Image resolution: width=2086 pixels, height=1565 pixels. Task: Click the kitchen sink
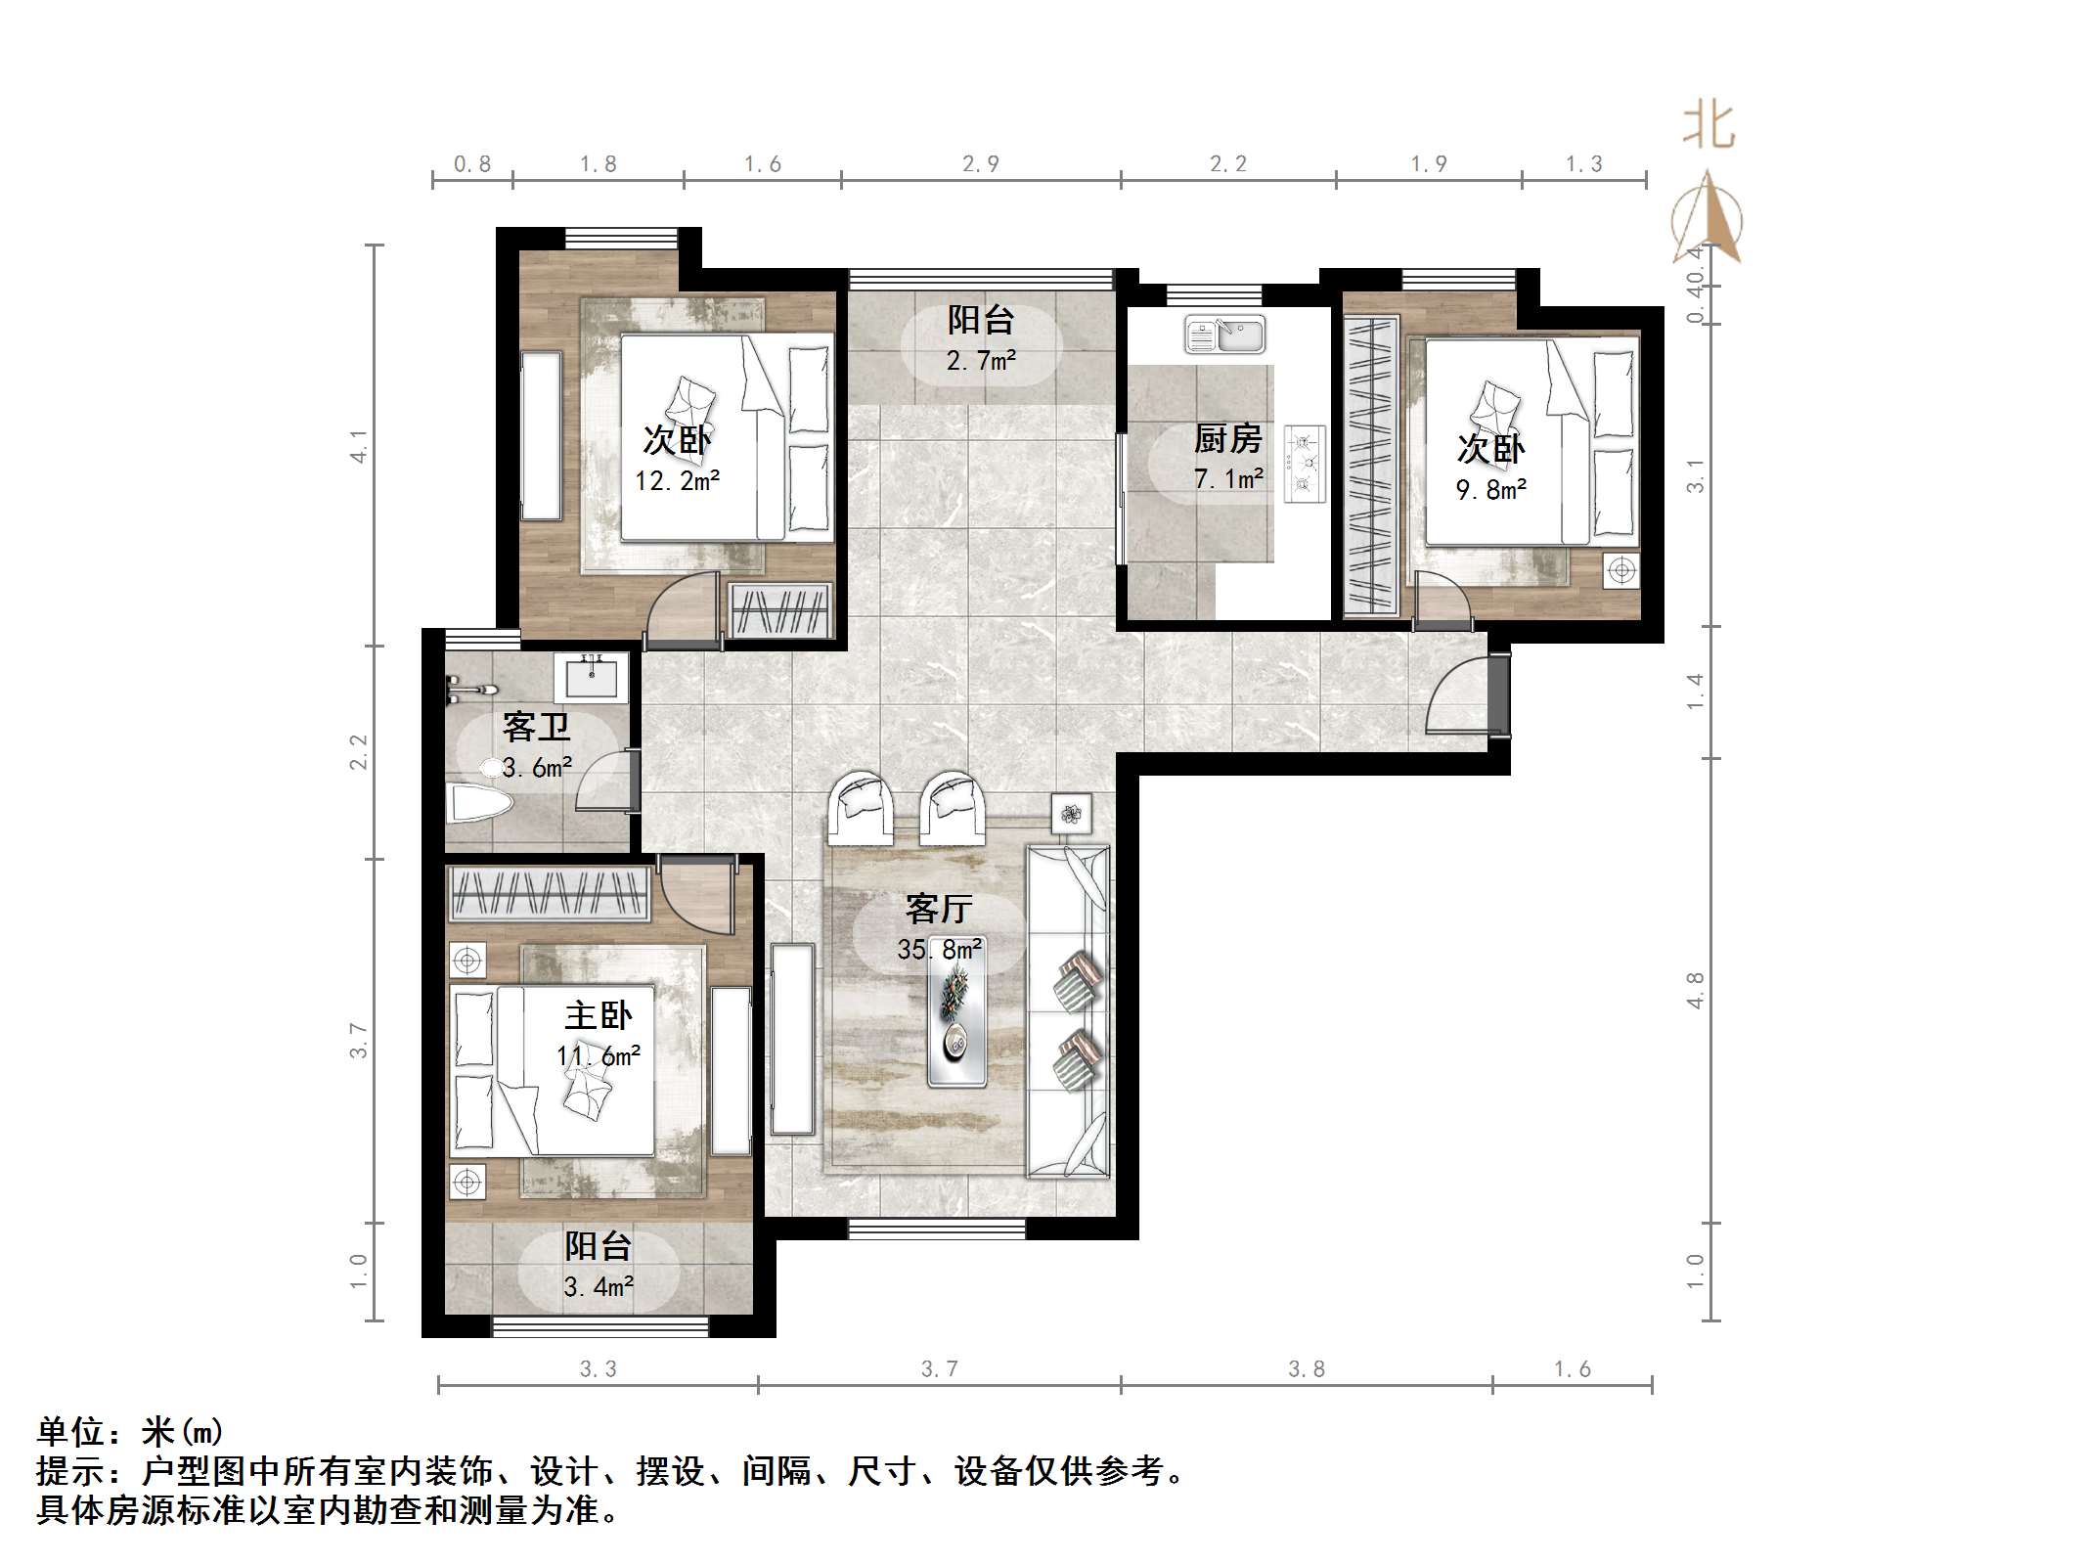pos(1224,335)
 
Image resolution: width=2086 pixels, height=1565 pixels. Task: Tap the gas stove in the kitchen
pos(1305,464)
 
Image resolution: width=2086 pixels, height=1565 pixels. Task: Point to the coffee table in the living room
pos(956,1023)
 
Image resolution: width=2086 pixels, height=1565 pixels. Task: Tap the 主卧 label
pos(599,1016)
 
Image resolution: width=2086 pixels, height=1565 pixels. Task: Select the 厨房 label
pos(1227,439)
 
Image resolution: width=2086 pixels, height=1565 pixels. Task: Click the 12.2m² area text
pos(678,481)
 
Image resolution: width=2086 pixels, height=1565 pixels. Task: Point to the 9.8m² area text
pos(1491,489)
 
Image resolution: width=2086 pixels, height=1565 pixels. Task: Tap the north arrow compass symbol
pos(1707,220)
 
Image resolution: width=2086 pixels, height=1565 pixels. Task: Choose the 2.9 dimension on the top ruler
pos(981,164)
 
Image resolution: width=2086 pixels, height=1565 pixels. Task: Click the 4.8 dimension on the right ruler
pos(1696,990)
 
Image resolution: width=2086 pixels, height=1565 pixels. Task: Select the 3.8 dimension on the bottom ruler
pos(1307,1369)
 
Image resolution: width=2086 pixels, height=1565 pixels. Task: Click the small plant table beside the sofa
pos(1072,813)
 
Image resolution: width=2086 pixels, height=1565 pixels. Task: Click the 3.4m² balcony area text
pos(599,1286)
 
